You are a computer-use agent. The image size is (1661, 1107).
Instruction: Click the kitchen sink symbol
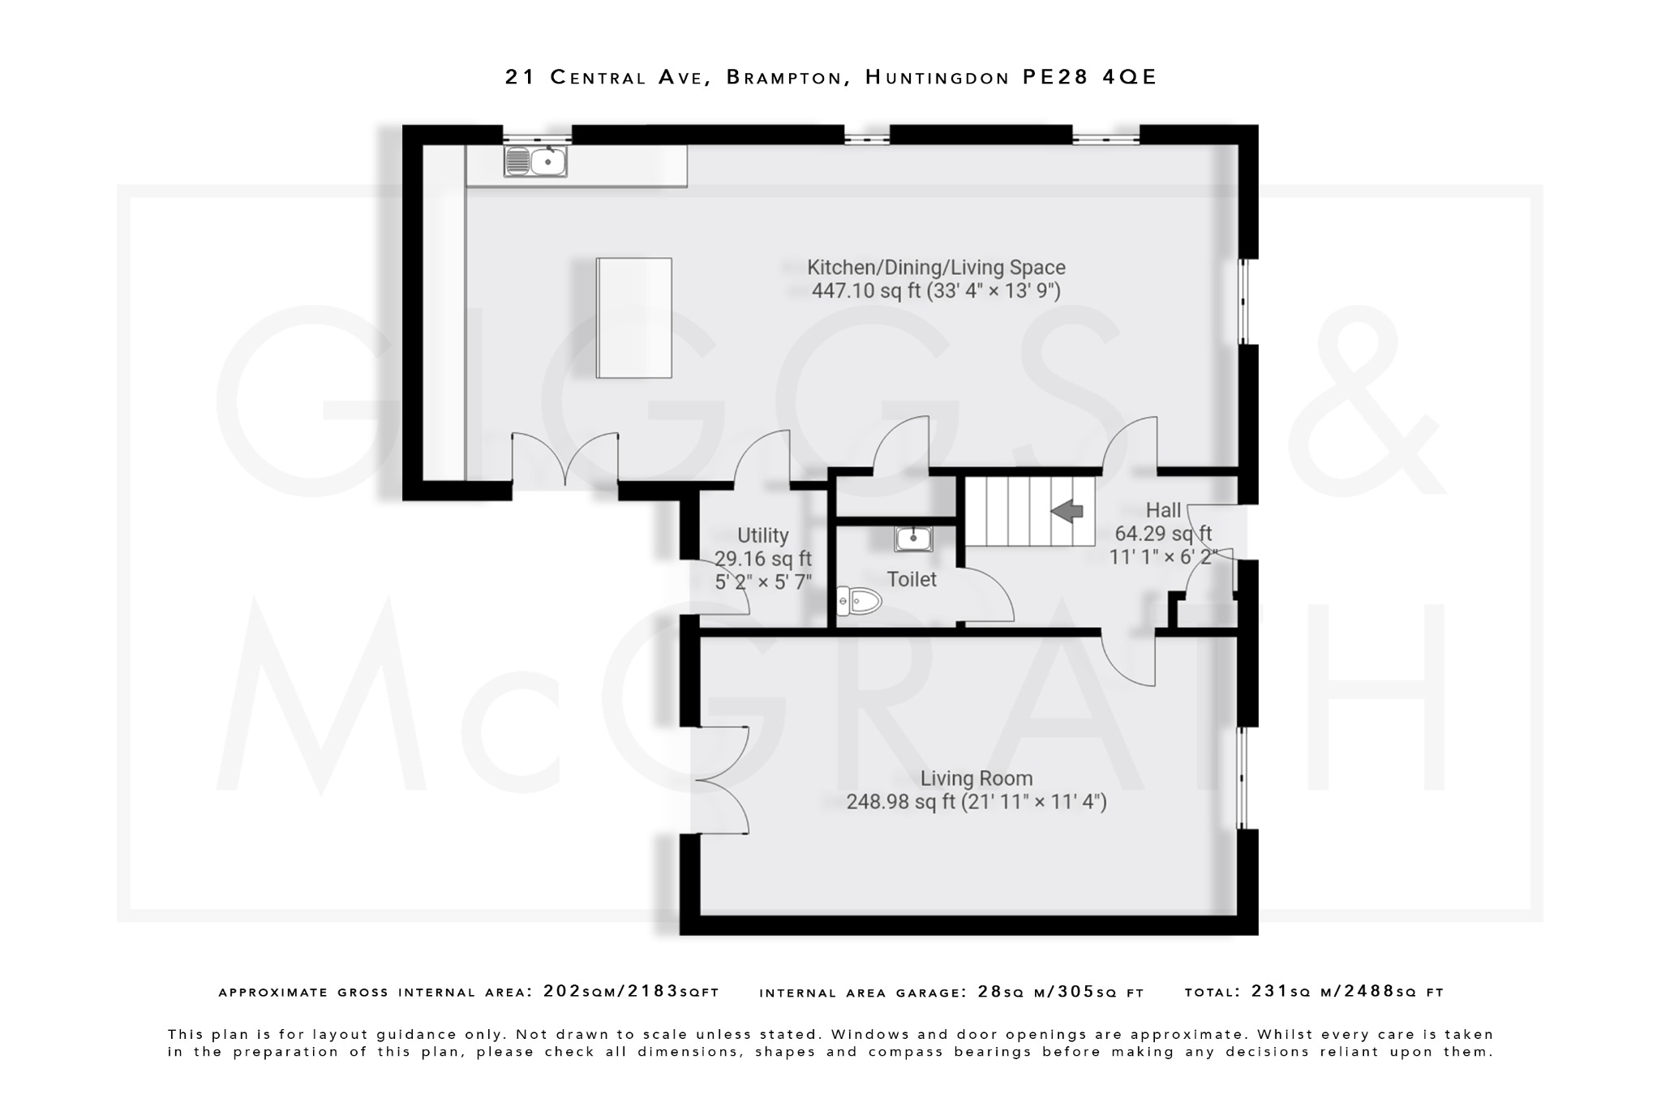pos(535,161)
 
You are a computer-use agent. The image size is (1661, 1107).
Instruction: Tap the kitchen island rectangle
pos(633,318)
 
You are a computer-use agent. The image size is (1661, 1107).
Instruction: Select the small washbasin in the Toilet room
pos(913,538)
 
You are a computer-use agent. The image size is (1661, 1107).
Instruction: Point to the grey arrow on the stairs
pos(1067,511)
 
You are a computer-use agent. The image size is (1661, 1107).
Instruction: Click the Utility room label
pos(762,535)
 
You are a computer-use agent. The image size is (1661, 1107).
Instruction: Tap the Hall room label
pos(1163,510)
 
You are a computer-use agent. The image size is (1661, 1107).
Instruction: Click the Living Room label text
pos(976,779)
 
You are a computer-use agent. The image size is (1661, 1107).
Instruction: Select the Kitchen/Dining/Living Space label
pos(936,268)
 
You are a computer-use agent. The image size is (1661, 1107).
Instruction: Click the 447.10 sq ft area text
pos(865,291)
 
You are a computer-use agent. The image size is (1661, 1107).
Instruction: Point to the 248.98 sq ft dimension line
pos(976,802)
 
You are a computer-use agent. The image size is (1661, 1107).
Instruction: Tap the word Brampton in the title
pos(783,77)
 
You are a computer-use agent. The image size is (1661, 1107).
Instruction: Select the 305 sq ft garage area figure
pos(1119,991)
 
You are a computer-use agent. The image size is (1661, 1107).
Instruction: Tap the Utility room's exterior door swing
pos(722,588)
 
